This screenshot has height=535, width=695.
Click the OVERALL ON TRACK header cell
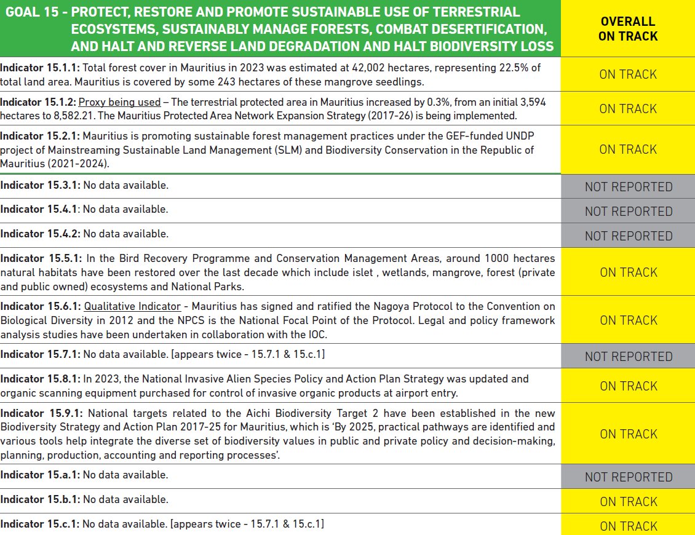coord(628,29)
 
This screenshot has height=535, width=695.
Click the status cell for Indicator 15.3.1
coord(628,186)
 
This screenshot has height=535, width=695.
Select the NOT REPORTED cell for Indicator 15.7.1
coord(628,356)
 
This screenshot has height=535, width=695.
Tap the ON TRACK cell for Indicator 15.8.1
coord(628,386)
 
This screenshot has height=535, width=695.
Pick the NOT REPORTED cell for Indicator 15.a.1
coord(628,477)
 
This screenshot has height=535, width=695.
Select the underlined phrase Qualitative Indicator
coord(132,306)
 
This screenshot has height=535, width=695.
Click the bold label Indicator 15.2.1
coord(39,135)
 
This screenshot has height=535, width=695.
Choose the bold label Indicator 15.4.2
coord(39,234)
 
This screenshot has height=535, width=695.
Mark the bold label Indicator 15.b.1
coord(39,499)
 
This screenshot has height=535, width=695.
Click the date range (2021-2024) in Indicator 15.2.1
coord(83,164)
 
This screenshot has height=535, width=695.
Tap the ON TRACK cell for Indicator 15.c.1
coord(628,526)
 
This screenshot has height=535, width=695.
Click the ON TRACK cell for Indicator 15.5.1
coord(628,272)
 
